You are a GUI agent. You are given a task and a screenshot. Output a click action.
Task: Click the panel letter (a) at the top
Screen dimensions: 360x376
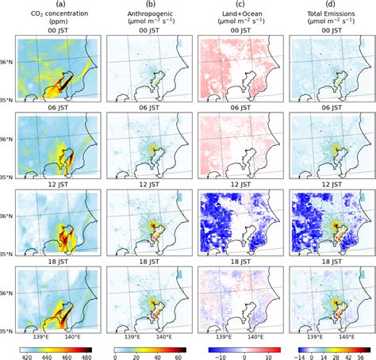[59, 4]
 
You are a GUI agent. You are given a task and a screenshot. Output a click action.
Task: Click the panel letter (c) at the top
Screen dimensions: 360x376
[239, 4]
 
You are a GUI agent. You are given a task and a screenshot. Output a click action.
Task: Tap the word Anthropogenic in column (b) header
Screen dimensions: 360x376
[148, 13]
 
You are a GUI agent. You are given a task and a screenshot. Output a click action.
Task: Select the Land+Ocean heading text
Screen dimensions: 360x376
[239, 13]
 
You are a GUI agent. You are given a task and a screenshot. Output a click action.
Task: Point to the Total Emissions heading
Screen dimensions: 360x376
[328, 13]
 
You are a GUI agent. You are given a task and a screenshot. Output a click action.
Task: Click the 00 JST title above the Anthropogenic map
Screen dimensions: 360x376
[148, 33]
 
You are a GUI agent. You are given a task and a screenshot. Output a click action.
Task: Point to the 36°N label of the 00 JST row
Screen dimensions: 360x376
[10, 64]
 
